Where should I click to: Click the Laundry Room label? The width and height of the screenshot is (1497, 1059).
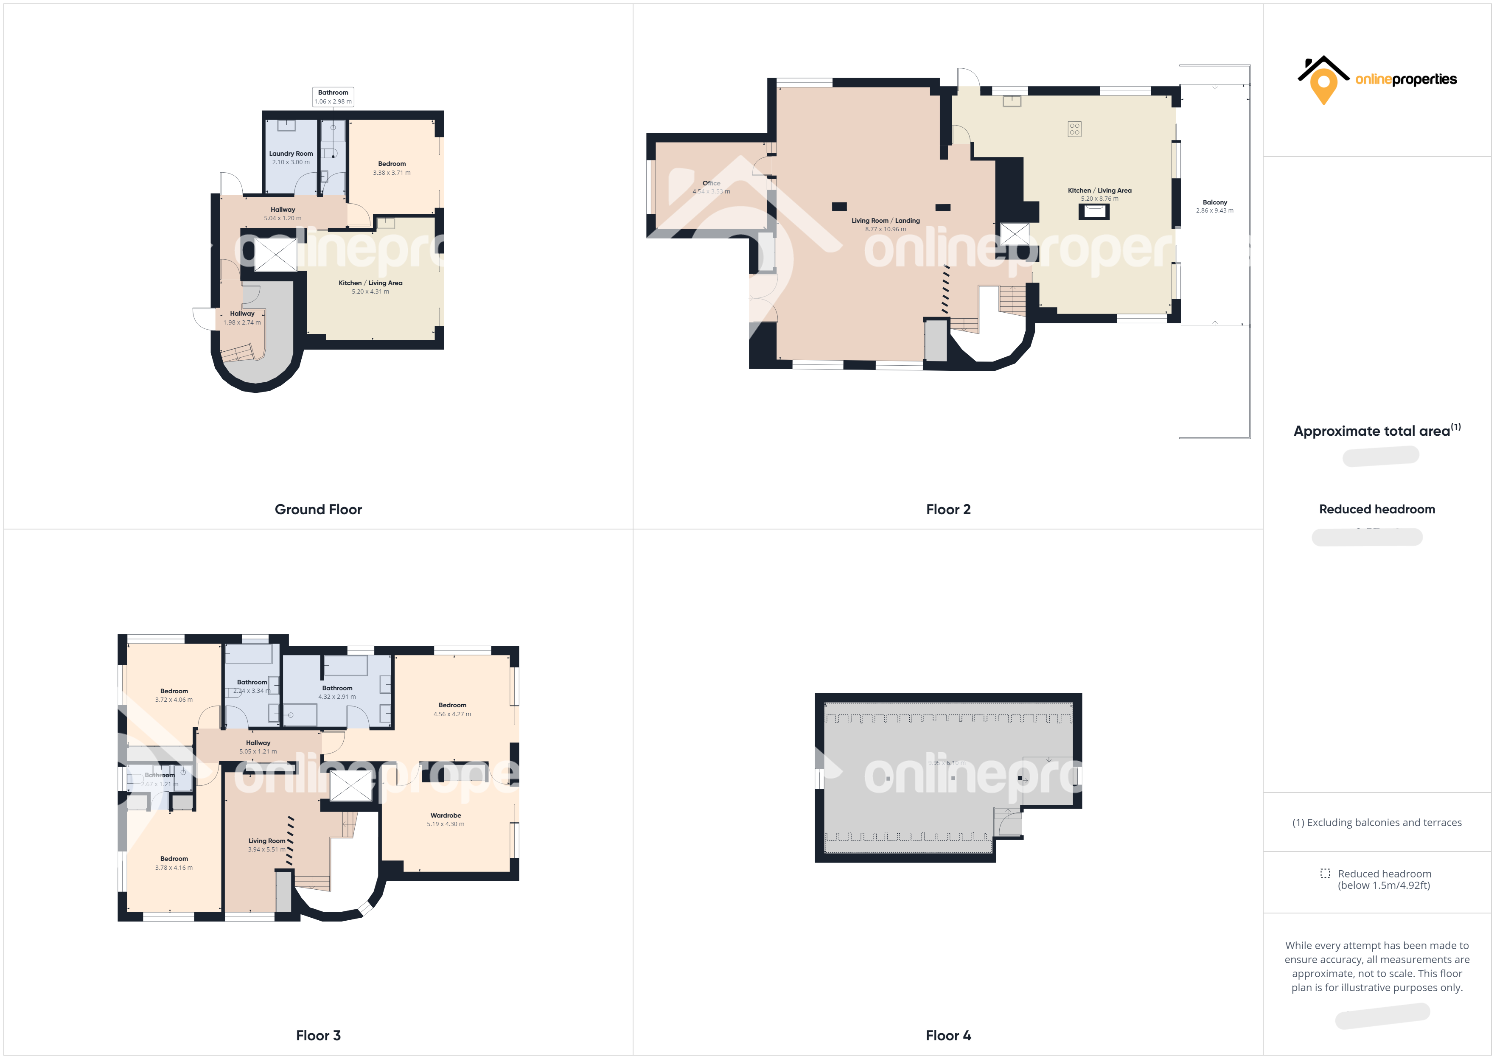point(291,154)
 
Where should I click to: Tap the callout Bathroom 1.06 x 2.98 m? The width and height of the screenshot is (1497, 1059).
point(333,96)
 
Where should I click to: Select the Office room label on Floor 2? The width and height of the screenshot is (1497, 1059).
point(711,183)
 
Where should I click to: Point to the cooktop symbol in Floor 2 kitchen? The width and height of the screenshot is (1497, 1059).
point(1074,129)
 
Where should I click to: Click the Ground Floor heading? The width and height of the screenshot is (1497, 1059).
point(318,509)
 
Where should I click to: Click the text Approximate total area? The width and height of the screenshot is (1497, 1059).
point(1372,431)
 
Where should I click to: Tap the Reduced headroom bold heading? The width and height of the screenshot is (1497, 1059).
point(1376,509)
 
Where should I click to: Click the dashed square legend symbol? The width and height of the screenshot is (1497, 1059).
point(1325,873)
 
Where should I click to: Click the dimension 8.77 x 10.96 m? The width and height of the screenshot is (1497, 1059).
point(886,230)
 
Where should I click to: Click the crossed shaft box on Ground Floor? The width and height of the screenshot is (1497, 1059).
point(275,254)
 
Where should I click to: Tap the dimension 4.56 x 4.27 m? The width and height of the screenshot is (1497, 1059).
point(452,714)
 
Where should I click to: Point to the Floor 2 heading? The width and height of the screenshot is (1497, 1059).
point(948,509)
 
